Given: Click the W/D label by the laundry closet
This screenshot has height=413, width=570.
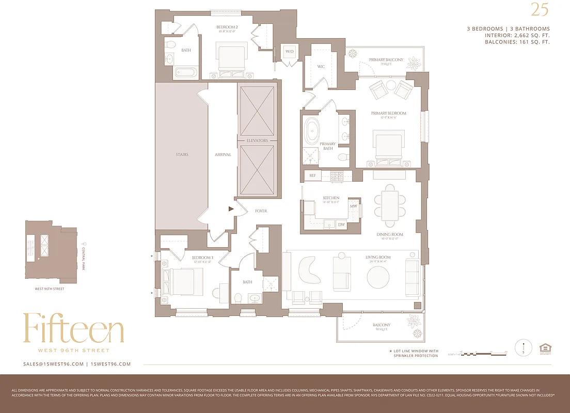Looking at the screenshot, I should pyautogui.click(x=289, y=52).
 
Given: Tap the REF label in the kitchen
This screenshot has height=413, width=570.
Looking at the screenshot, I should pyautogui.click(x=312, y=176).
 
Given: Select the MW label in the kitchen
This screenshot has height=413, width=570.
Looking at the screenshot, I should pyautogui.click(x=354, y=206).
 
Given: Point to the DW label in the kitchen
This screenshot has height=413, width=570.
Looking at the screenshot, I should pyautogui.click(x=341, y=225).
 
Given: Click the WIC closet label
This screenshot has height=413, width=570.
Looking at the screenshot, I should pyautogui.click(x=321, y=66).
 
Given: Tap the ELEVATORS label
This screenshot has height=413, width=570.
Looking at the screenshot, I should pyautogui.click(x=257, y=140).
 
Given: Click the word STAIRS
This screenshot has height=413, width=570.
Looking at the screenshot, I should pyautogui.click(x=181, y=154).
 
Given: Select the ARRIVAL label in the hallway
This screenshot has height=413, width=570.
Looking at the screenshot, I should pyautogui.click(x=223, y=154).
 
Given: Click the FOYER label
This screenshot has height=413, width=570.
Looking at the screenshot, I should pyautogui.click(x=261, y=211).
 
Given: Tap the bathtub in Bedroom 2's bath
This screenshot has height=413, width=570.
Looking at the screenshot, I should pyautogui.click(x=185, y=73).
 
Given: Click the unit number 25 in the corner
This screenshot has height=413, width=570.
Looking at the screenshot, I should pyautogui.click(x=540, y=10).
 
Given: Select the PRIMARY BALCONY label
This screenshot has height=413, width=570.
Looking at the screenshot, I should pyautogui.click(x=386, y=60).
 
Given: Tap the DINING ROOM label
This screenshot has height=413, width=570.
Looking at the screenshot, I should pyautogui.click(x=390, y=234).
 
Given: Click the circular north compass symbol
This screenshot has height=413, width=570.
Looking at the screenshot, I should pyautogui.click(x=524, y=347).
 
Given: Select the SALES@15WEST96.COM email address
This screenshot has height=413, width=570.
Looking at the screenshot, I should pyautogui.click(x=53, y=364).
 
